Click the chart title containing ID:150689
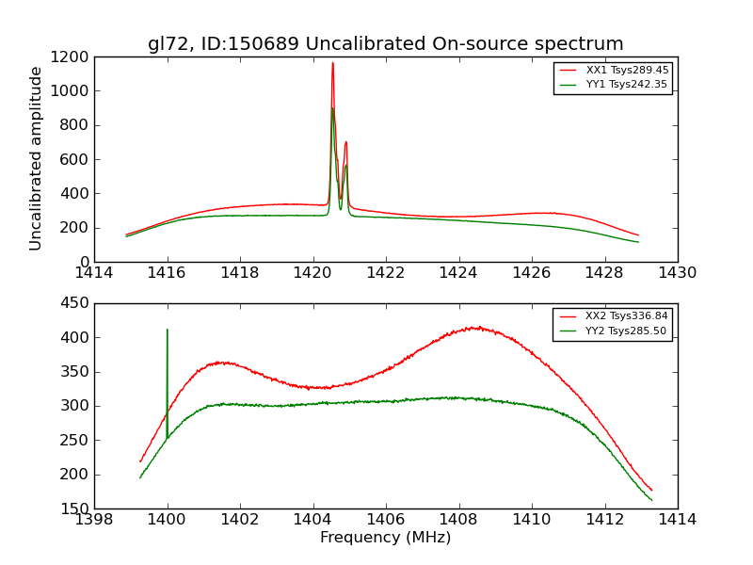click(385, 44)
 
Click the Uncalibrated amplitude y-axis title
click(37, 158)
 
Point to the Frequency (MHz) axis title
click(385, 538)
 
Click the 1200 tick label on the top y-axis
click(72, 57)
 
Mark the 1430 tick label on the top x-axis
click(677, 273)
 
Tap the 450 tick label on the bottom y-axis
click(75, 303)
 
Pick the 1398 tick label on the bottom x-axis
click(94, 519)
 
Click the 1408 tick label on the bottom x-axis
click(458, 519)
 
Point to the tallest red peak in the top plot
click(332, 63)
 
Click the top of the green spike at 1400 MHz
click(168, 330)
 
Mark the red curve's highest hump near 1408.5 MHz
click(477, 328)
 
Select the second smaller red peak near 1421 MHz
click(345, 142)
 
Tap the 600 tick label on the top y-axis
click(75, 159)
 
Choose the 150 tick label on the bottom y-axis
click(75, 508)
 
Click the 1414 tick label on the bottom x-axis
click(677, 519)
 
